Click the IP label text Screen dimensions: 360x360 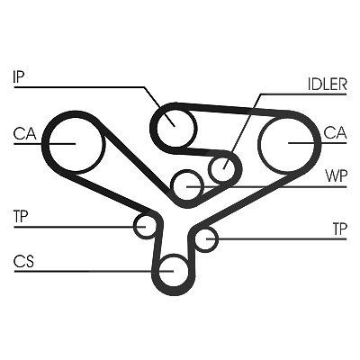coord(19,76)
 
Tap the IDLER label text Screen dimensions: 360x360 coord(328,85)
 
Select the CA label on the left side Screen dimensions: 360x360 coord(24,134)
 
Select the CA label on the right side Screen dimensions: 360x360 coord(336,132)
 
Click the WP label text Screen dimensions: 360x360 coord(337,176)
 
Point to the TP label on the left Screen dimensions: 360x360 coord(21,217)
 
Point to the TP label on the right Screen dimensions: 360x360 coord(339,229)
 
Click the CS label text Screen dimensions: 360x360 coord(23,261)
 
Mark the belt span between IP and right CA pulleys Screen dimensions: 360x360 coord(231,109)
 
